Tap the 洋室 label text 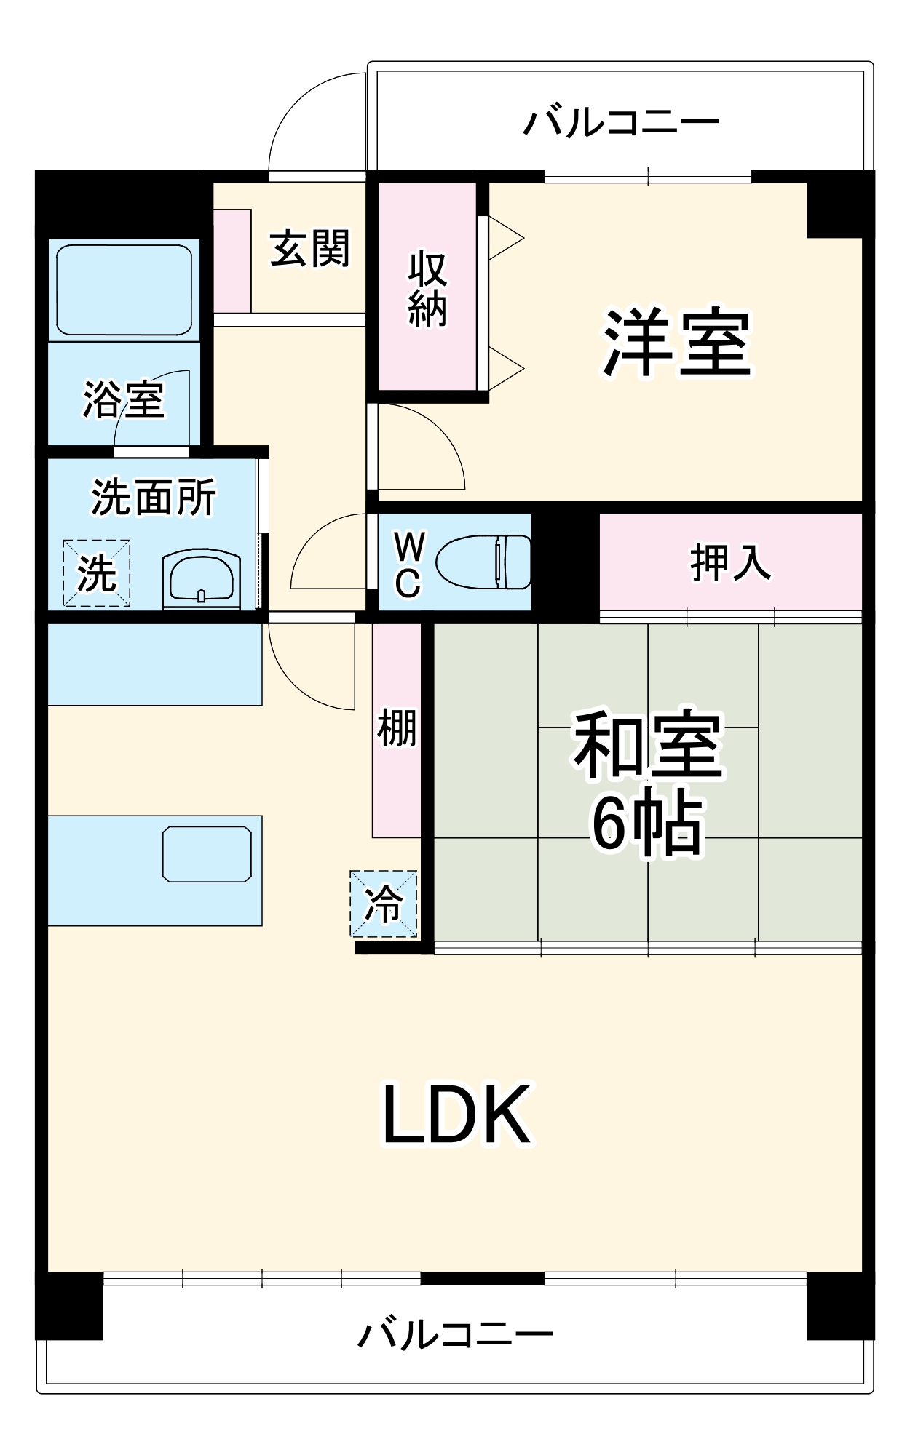[x=676, y=342]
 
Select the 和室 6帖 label [x=647, y=782]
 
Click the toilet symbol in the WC [x=485, y=562]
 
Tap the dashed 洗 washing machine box [x=96, y=573]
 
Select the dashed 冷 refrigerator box [x=384, y=904]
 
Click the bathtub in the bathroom [x=124, y=289]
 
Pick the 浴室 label [x=123, y=399]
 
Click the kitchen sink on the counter [x=207, y=854]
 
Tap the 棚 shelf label [x=397, y=727]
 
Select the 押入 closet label [x=729, y=562]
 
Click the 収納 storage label [x=427, y=289]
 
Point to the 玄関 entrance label [x=309, y=248]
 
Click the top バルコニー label [x=621, y=121]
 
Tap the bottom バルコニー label [x=456, y=1334]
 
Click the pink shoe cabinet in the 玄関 [x=232, y=260]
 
